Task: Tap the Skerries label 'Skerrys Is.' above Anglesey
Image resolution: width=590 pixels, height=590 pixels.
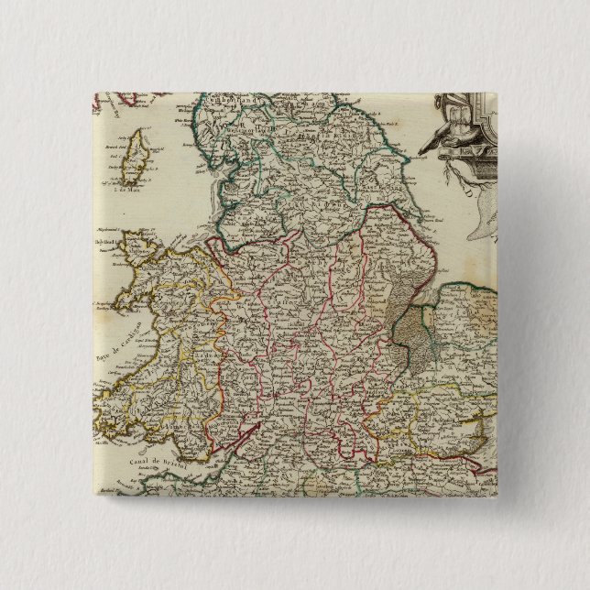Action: point(109,233)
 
